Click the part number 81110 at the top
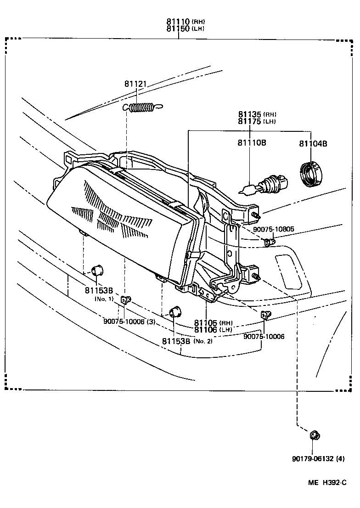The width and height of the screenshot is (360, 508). pyautogui.click(x=178, y=22)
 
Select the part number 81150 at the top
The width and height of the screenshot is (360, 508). pyautogui.click(x=178, y=28)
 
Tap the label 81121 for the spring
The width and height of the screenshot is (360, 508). pyautogui.click(x=135, y=84)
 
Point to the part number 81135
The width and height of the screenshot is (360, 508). pyautogui.click(x=249, y=114)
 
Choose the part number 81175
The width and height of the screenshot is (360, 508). pyautogui.click(x=249, y=121)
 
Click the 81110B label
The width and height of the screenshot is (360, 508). pyautogui.click(x=252, y=143)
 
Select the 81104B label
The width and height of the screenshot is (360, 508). pyautogui.click(x=313, y=143)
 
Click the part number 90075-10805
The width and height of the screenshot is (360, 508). pyautogui.click(x=274, y=229)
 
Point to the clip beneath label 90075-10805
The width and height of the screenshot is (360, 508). pyautogui.click(x=270, y=241)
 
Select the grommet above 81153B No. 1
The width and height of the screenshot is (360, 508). pyautogui.click(x=97, y=270)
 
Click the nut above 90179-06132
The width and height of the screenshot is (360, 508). pyautogui.click(x=315, y=435)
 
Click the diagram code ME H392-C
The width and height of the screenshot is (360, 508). pyautogui.click(x=327, y=483)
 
